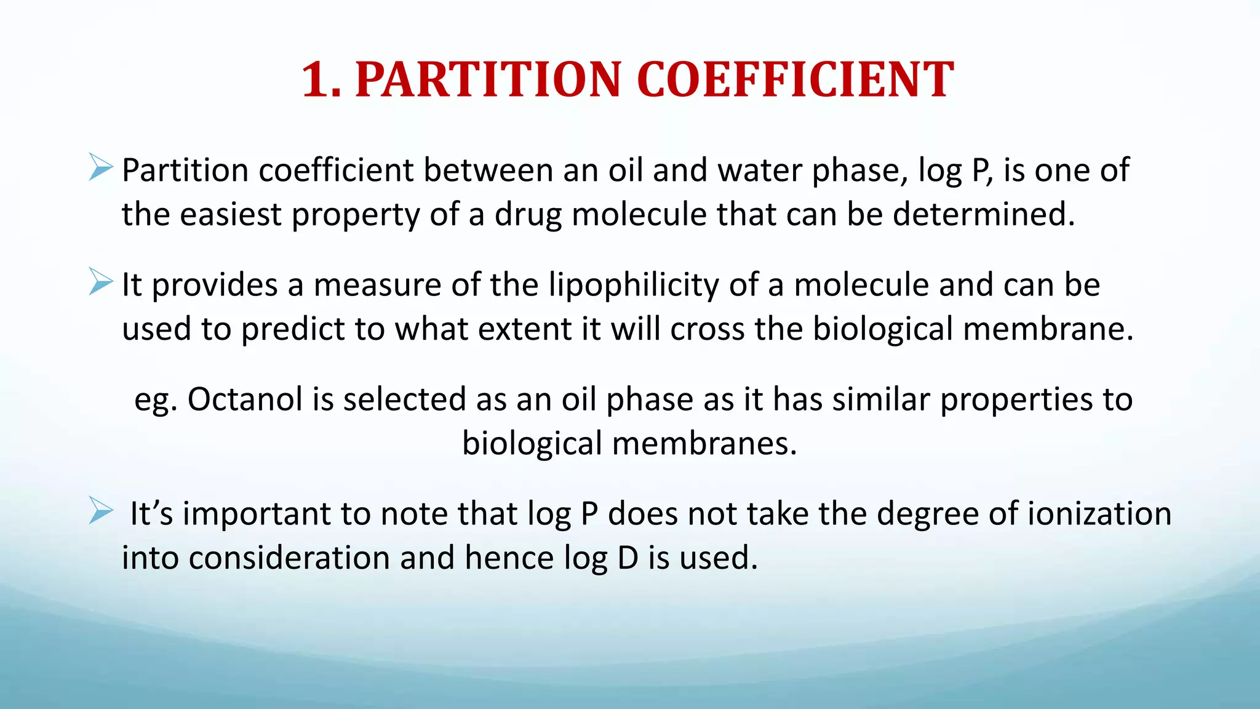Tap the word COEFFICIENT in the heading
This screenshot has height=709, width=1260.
[x=795, y=80]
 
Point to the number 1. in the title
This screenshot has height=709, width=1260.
[x=321, y=80]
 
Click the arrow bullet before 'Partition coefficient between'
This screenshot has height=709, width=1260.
[x=100, y=167]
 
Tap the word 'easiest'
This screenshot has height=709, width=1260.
[x=231, y=215]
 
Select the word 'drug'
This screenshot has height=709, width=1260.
[x=528, y=215]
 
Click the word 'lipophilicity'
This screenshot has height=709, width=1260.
[x=634, y=285]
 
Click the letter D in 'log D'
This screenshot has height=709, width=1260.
[x=628, y=558]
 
